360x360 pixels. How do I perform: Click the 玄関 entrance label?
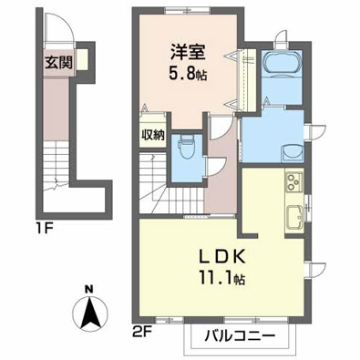(x=58, y=62)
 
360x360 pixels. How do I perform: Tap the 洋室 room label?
(x=188, y=52)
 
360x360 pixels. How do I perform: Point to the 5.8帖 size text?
(x=188, y=74)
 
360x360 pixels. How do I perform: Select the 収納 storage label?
(x=153, y=134)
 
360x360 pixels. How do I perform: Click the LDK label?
(x=221, y=258)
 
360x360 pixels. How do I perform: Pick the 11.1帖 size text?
(x=221, y=278)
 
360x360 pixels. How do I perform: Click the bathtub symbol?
(x=282, y=63)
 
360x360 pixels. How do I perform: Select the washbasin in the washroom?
(x=293, y=152)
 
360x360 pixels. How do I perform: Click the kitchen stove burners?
(x=293, y=181)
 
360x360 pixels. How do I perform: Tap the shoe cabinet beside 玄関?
(x=82, y=59)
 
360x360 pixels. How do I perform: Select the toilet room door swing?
(x=216, y=167)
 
